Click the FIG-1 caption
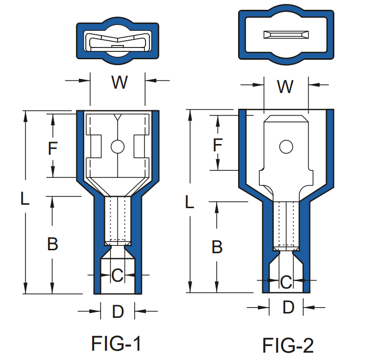click(x=116, y=343)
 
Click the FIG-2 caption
click(x=288, y=345)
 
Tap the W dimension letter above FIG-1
click(x=120, y=82)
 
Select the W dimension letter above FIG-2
click(x=285, y=87)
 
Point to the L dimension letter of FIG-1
click(x=25, y=198)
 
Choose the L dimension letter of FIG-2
click(x=190, y=202)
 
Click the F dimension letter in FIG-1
click(x=53, y=148)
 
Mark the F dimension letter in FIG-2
click(x=218, y=144)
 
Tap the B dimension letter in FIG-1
click(x=52, y=244)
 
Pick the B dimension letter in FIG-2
click(x=217, y=247)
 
